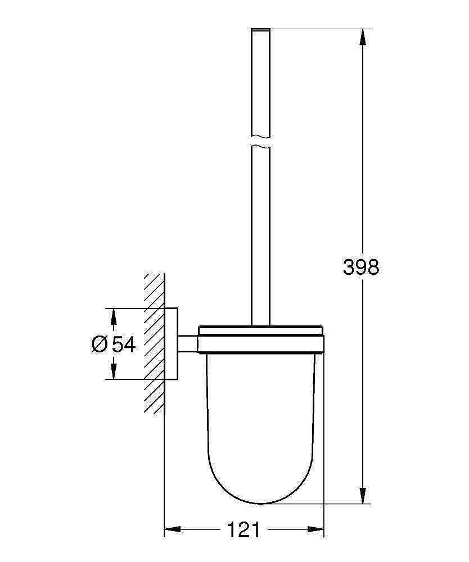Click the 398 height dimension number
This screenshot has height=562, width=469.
tap(361, 268)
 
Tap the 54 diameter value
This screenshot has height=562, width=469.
tap(124, 344)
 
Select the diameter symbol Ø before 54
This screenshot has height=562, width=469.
tap(99, 344)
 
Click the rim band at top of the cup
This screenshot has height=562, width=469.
tap(261, 343)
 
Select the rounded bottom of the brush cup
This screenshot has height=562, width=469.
tap(261, 483)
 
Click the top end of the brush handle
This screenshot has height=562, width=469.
tap(259, 29)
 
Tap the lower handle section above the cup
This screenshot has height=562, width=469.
tap(259, 236)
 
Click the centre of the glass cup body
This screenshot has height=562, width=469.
tap(261, 416)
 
